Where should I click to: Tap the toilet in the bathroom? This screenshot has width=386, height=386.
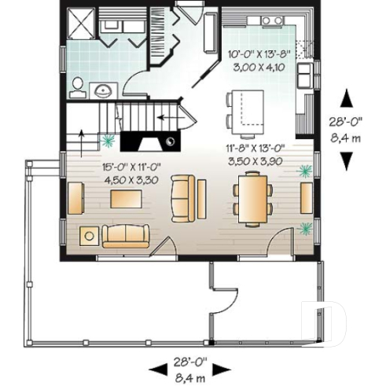78,84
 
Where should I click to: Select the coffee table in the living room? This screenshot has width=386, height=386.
127,200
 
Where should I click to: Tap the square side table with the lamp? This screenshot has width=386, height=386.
90,234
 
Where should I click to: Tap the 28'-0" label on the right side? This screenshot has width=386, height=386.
345,122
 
